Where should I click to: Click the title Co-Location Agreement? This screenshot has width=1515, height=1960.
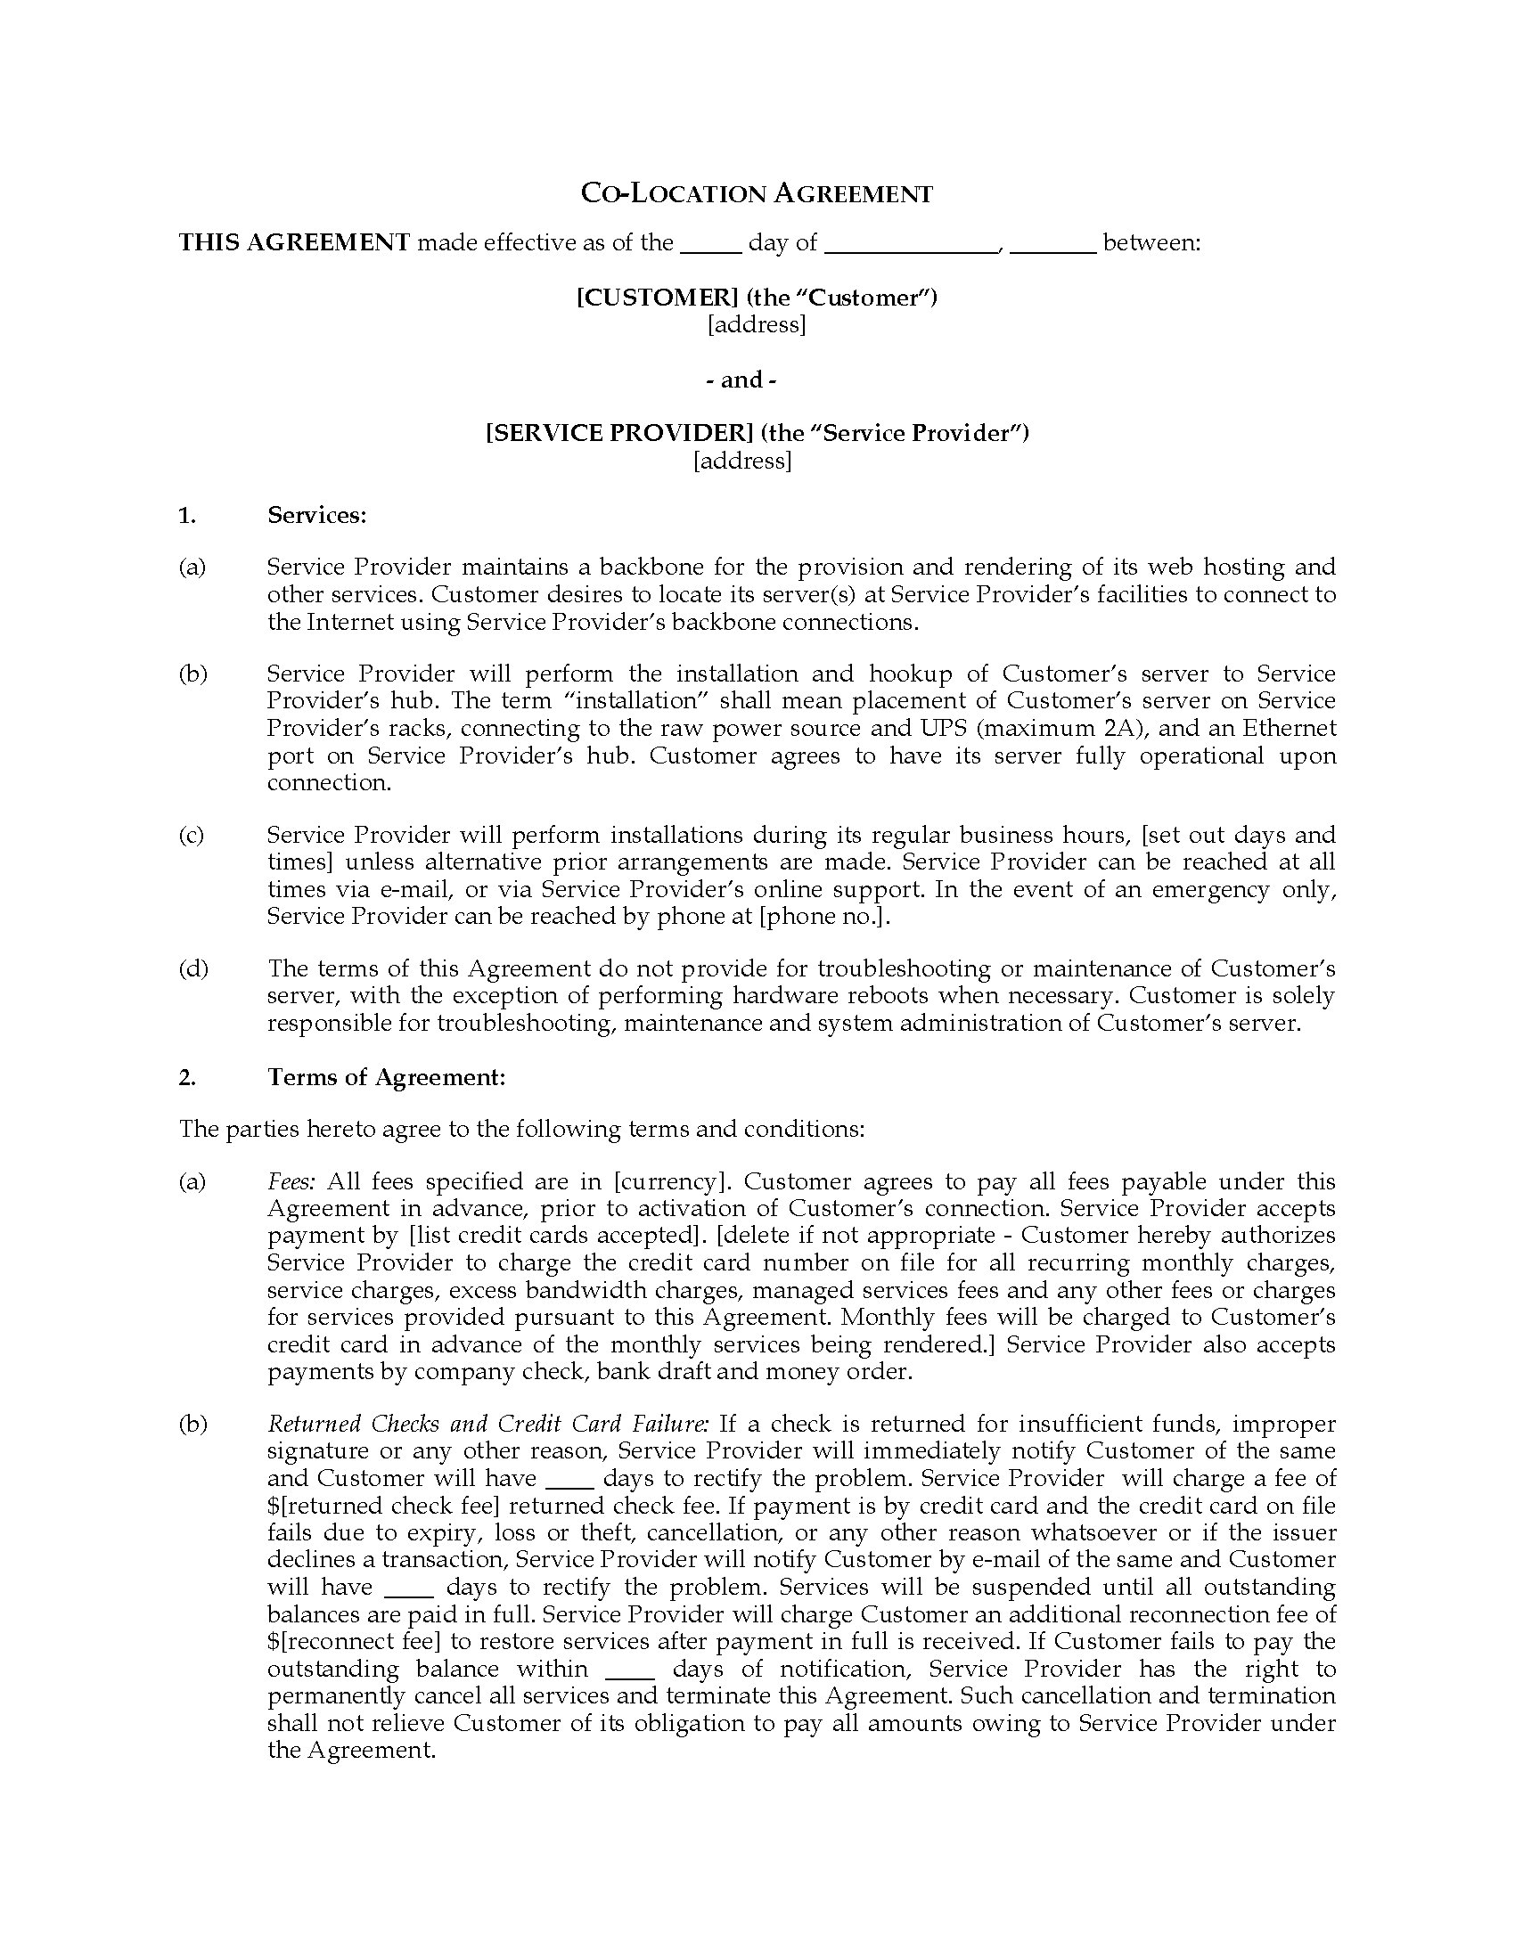tap(757, 194)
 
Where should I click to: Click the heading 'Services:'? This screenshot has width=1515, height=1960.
tap(317, 515)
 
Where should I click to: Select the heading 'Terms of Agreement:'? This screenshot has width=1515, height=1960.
tap(386, 1077)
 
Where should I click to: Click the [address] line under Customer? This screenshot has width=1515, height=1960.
tap(757, 324)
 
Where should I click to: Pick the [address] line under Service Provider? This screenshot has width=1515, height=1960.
tap(742, 461)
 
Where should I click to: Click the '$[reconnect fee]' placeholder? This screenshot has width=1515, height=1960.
tap(356, 1642)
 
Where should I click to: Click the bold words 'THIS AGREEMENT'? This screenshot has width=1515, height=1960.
tap(294, 242)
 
